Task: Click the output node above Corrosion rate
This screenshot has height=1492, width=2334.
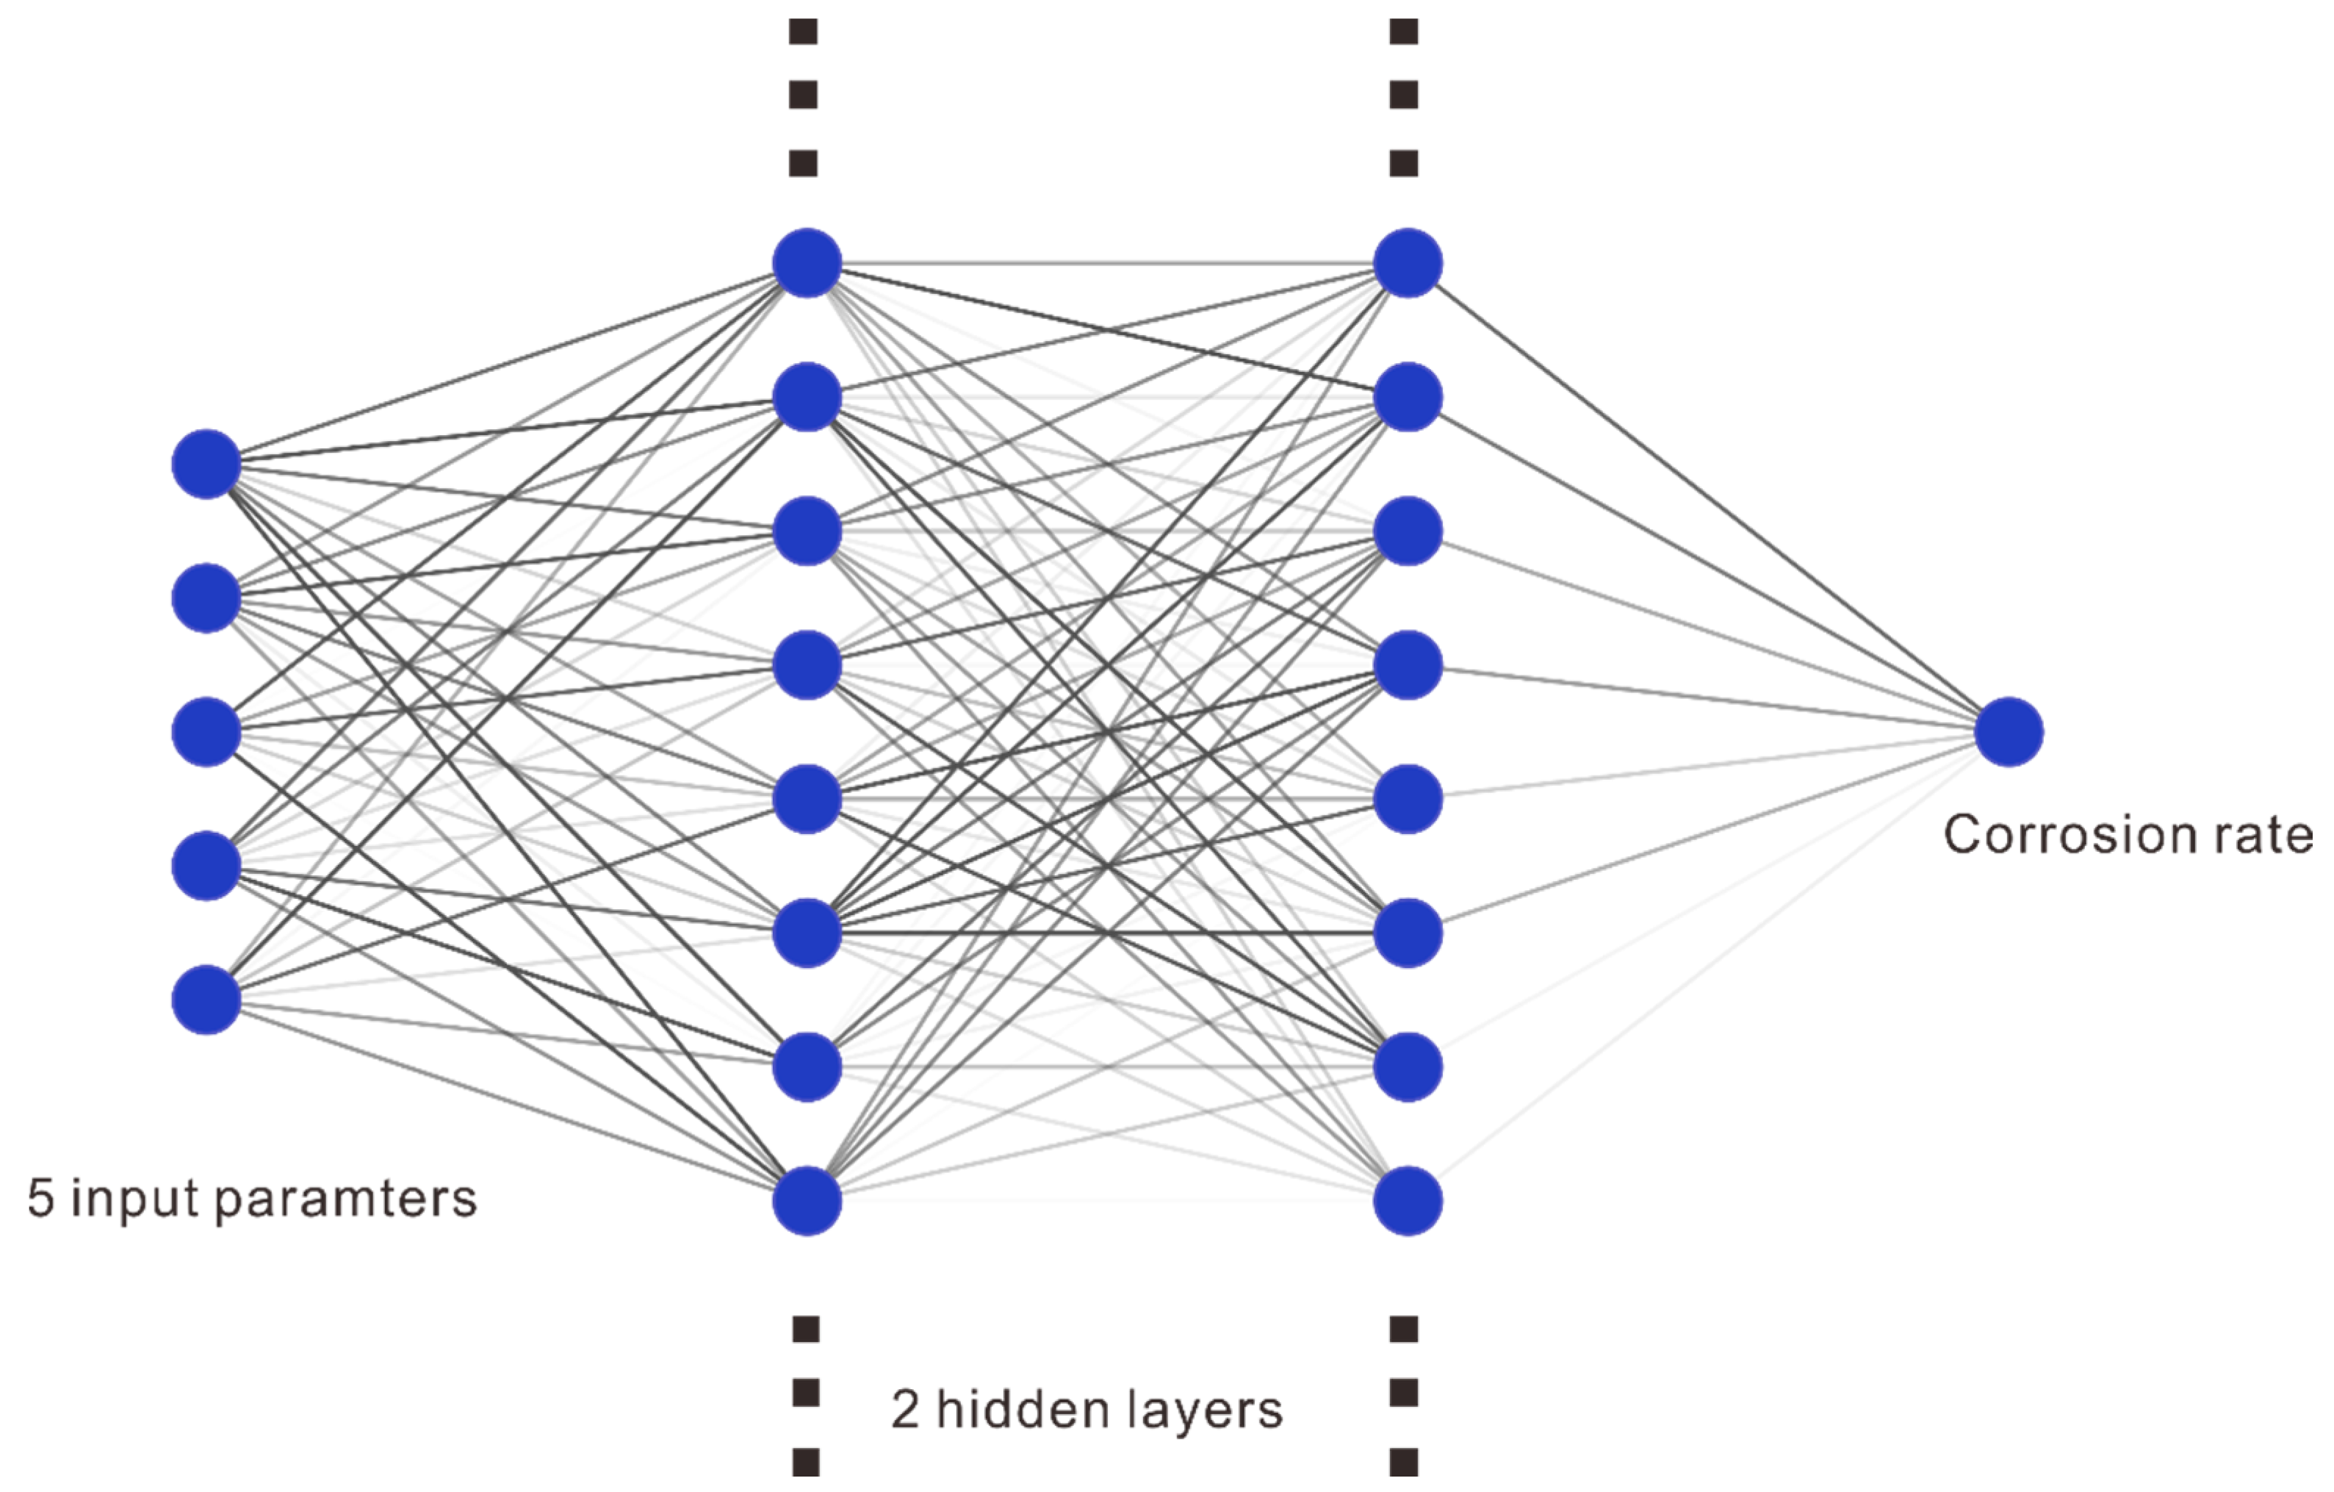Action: tap(2009, 732)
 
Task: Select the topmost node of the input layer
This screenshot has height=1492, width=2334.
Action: tap(206, 465)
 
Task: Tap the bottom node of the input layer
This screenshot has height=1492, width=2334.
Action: tap(206, 1000)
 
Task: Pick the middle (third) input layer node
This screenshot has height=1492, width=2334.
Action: tap(206, 732)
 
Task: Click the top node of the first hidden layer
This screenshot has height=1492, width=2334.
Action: tap(807, 262)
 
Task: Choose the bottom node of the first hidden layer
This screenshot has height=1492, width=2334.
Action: tap(807, 1201)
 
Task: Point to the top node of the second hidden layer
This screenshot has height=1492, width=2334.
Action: tap(1408, 262)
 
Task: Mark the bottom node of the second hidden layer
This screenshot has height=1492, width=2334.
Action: tap(1408, 1201)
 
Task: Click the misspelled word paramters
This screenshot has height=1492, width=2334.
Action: tap(346, 1200)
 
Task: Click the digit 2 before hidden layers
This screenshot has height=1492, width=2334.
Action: tap(904, 1410)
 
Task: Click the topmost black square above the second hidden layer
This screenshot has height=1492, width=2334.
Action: tap(1403, 32)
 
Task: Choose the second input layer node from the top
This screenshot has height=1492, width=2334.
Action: tap(206, 598)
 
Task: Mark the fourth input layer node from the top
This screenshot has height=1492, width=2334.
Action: tap(206, 866)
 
